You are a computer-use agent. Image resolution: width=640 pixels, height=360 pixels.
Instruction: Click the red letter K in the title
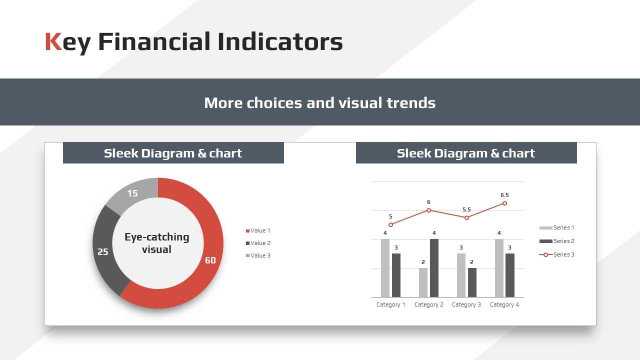click(53, 41)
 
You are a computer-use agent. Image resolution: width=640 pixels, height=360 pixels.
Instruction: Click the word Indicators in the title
click(280, 41)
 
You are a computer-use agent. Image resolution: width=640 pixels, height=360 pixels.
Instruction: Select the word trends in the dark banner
click(411, 103)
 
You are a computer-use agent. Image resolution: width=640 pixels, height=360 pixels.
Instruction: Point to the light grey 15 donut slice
click(132, 193)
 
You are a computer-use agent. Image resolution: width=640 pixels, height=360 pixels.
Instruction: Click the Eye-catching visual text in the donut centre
click(157, 243)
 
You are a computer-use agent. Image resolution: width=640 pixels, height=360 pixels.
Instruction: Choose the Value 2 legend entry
click(258, 243)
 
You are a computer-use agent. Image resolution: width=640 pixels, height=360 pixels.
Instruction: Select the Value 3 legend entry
click(258, 255)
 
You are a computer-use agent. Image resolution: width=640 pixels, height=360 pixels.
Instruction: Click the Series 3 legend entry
click(556, 254)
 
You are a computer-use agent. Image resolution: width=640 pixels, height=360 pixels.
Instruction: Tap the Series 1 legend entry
click(556, 227)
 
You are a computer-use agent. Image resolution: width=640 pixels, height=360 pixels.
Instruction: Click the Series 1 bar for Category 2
click(423, 282)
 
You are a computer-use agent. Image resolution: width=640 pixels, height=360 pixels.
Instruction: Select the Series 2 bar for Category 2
click(434, 268)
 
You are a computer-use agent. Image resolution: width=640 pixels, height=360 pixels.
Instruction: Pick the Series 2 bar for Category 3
click(472, 282)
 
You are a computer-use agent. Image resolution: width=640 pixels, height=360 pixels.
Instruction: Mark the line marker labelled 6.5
click(504, 203)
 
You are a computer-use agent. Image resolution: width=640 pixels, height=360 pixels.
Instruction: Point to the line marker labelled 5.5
click(466, 217)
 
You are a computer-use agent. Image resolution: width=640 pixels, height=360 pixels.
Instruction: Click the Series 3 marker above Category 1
click(391, 225)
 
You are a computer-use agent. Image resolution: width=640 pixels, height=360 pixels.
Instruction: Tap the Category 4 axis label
click(504, 305)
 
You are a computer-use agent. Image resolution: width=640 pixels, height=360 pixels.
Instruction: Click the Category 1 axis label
click(391, 305)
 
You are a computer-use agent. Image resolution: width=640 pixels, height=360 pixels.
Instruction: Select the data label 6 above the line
click(428, 202)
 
